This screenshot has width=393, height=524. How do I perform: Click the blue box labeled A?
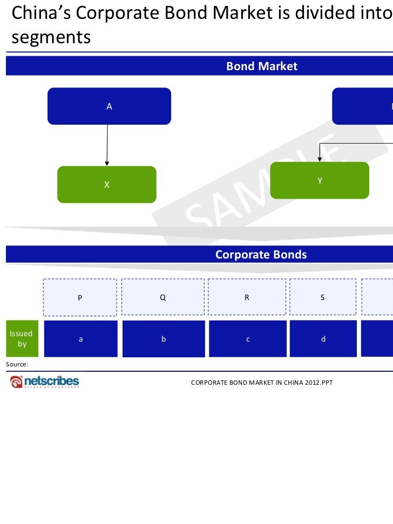pyautogui.click(x=109, y=106)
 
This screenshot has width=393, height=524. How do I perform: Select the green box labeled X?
pyautogui.click(x=107, y=185)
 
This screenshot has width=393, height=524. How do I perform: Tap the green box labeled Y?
pyautogui.click(x=320, y=181)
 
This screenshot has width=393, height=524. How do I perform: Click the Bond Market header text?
pyautogui.click(x=262, y=66)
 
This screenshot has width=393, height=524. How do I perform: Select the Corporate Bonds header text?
pyautogui.click(x=261, y=255)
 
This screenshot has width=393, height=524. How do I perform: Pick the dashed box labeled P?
pyautogui.click(x=80, y=297)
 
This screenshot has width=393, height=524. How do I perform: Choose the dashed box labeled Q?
pyautogui.click(x=163, y=297)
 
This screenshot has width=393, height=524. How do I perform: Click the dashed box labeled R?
pyautogui.click(x=247, y=297)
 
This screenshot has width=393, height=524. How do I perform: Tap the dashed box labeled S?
pyautogui.click(x=323, y=297)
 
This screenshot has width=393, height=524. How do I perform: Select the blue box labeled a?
pyautogui.click(x=80, y=339)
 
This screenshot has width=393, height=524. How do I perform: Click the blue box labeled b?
pyautogui.click(x=164, y=339)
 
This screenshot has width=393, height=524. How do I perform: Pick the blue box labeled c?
pyautogui.click(x=247, y=339)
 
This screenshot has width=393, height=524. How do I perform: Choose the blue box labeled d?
pyautogui.click(x=323, y=339)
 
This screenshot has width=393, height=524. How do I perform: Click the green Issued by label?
pyautogui.click(x=22, y=339)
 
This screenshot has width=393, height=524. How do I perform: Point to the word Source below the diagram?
pyautogui.click(x=17, y=364)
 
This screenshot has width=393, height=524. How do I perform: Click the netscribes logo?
pyautogui.click(x=44, y=382)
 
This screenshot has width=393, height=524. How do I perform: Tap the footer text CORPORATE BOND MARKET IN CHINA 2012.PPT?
pyautogui.click(x=262, y=383)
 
